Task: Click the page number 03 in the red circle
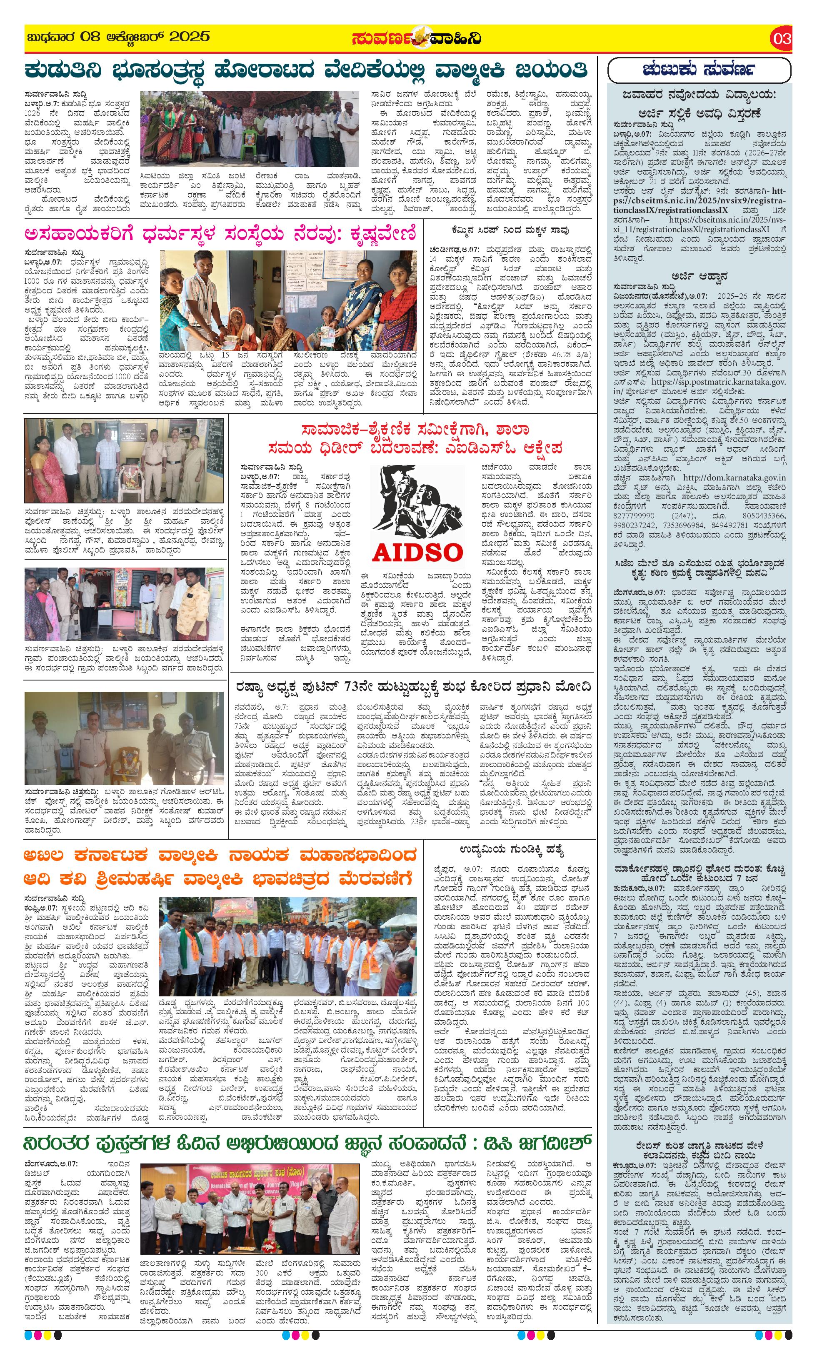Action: click(x=782, y=38)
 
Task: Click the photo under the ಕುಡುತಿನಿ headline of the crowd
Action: click(x=250, y=129)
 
